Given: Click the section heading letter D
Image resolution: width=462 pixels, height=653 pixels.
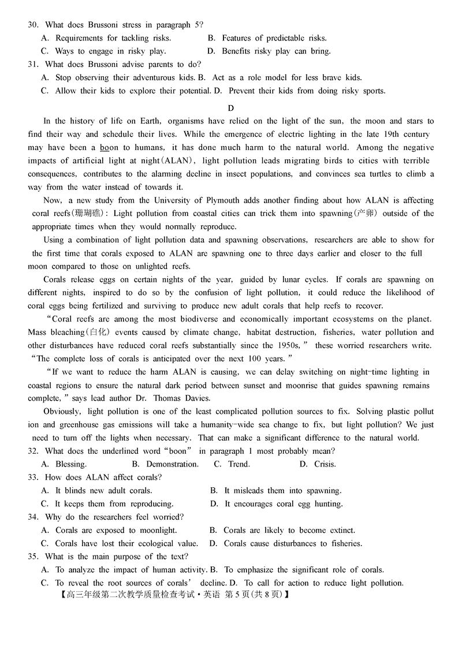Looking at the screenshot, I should coord(231,108).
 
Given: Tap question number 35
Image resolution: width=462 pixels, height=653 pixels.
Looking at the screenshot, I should coord(32,557).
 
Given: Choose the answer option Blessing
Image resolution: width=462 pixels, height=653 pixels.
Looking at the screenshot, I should coord(70,464).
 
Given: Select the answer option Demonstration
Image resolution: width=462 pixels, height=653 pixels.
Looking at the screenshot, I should coord(172,464).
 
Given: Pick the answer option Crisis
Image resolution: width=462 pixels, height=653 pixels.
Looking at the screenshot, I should coord(325,464).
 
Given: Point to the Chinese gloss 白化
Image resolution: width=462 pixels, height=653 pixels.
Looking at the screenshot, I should coord(99,333).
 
